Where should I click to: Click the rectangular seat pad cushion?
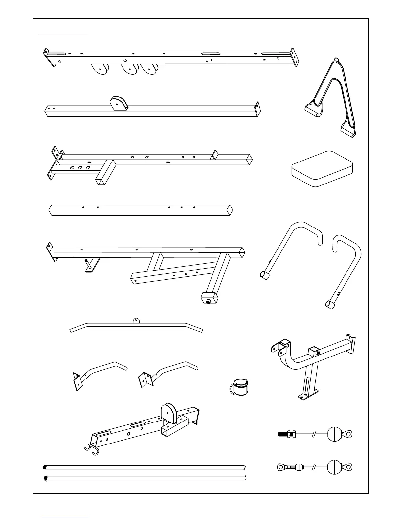322,169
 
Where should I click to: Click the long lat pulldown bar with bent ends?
136,327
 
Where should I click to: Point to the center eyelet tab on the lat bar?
136,320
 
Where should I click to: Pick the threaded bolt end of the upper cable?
283,434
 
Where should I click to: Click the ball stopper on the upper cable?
335,434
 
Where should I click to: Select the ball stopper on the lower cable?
335,466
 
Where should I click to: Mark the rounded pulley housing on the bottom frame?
169,413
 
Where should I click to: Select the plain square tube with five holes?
141,210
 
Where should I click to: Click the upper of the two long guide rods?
145,467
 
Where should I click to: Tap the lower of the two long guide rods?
145,478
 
